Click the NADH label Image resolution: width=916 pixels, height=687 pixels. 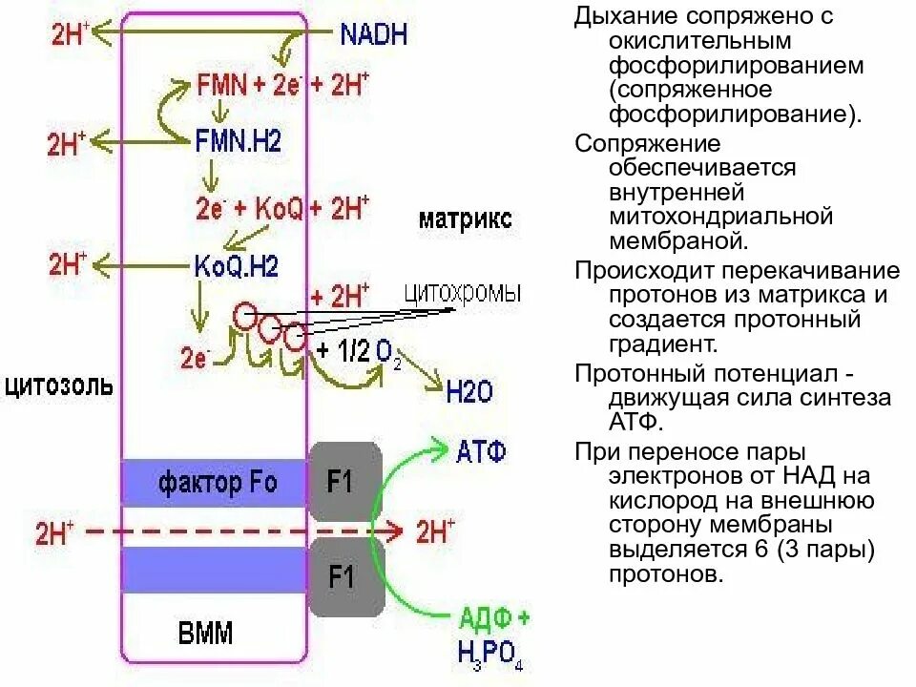click(x=373, y=35)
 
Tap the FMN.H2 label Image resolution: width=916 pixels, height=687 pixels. click(x=238, y=141)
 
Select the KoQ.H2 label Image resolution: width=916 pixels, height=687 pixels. click(x=236, y=266)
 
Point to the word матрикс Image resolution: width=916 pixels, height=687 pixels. click(x=465, y=219)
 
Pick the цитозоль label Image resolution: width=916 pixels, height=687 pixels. click(x=58, y=387)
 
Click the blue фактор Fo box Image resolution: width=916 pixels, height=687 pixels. click(x=217, y=483)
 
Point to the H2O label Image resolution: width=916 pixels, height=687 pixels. click(x=470, y=390)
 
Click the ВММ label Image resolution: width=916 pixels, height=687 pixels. click(x=205, y=634)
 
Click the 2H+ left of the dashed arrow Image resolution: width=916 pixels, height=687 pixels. click(x=53, y=532)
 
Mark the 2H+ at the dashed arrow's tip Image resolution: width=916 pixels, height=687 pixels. click(x=435, y=531)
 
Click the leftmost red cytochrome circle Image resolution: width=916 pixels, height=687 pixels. click(x=245, y=316)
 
